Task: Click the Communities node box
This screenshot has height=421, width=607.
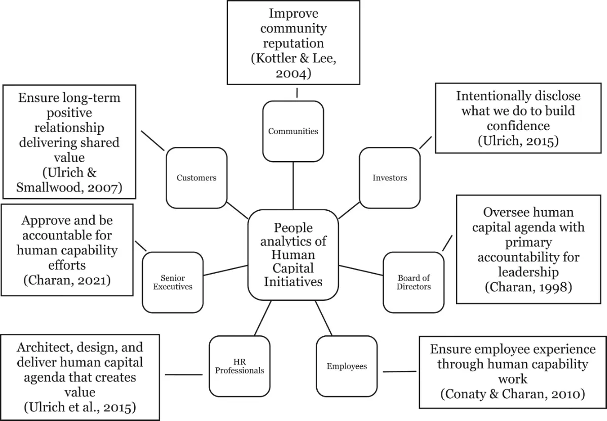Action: (293, 131)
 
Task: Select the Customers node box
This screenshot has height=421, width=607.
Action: (196, 178)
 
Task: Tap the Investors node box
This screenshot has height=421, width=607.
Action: (389, 178)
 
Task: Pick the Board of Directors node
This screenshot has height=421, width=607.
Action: (413, 282)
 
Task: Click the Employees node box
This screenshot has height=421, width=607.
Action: (347, 366)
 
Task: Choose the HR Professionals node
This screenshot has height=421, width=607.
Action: (239, 366)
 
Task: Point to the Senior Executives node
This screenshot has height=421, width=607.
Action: (173, 282)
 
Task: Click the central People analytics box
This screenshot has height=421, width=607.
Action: (293, 254)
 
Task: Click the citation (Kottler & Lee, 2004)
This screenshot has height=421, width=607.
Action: (293, 66)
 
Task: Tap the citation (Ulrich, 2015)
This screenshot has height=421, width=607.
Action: (518, 140)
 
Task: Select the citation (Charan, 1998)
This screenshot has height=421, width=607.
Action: (528, 287)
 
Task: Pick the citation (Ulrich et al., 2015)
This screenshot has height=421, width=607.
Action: (79, 407)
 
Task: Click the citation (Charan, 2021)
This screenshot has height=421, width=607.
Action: (67, 279)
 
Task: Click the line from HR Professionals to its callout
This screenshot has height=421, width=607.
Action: (184, 375)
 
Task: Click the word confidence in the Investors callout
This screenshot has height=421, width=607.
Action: (518, 125)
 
